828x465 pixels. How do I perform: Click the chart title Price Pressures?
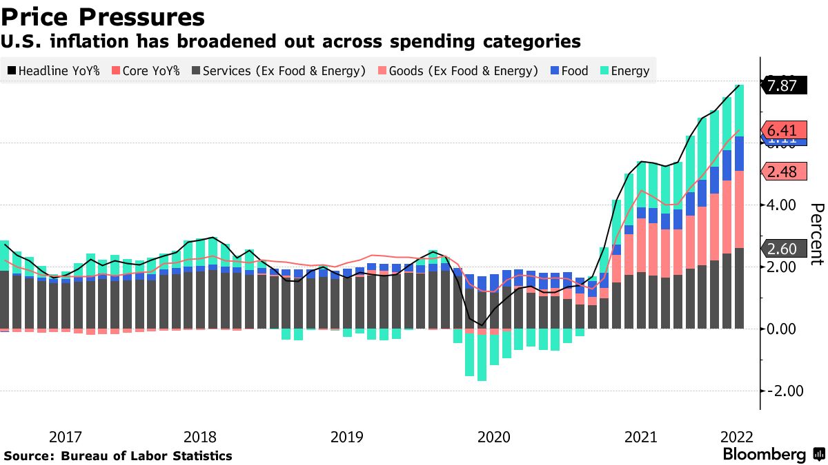pyautogui.click(x=103, y=17)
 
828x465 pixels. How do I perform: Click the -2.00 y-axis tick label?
pyautogui.click(x=782, y=391)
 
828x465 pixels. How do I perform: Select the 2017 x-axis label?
pyautogui.click(x=66, y=437)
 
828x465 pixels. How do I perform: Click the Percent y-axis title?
pyautogui.click(x=816, y=234)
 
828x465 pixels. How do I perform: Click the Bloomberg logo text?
pyautogui.click(x=765, y=455)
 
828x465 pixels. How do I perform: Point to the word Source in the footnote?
pyautogui.click(x=28, y=456)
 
